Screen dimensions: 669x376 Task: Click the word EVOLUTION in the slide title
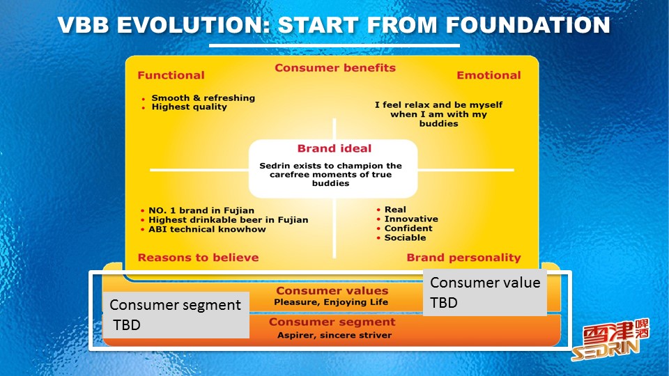click(x=193, y=25)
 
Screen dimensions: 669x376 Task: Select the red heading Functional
click(x=171, y=75)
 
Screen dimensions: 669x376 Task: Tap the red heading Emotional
click(x=489, y=75)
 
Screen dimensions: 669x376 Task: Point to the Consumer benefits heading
click(x=335, y=68)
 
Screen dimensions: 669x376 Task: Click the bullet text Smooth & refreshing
click(x=203, y=98)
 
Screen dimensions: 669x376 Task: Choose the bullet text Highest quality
click(x=189, y=107)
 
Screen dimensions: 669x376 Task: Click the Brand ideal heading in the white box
click(x=334, y=148)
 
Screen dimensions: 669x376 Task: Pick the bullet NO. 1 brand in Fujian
click(x=201, y=210)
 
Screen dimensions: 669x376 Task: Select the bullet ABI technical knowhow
click(x=207, y=229)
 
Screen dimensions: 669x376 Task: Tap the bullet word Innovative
click(x=411, y=219)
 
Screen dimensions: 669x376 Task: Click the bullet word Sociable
click(x=405, y=238)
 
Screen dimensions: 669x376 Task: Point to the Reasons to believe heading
click(x=198, y=258)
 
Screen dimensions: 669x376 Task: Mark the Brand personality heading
click(x=463, y=258)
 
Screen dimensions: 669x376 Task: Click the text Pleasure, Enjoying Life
click(x=330, y=302)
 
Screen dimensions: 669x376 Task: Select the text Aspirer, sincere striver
click(x=334, y=335)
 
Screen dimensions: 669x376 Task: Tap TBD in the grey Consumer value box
click(x=444, y=303)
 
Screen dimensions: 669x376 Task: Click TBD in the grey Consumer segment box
click(x=127, y=325)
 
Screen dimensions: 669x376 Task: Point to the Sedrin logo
click(x=610, y=339)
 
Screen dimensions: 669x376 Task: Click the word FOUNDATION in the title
click(x=528, y=25)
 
